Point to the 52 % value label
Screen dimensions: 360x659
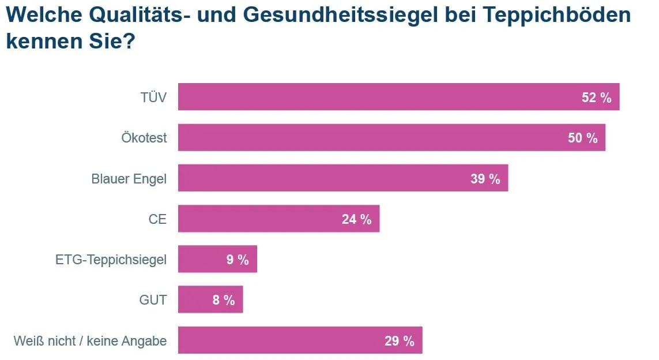[596, 97]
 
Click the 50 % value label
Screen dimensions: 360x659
[582, 138]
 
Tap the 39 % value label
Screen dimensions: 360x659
[485, 179]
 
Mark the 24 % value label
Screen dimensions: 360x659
[356, 219]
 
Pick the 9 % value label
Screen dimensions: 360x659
[237, 260]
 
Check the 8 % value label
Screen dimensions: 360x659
[223, 301]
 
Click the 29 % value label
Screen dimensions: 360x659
[400, 341]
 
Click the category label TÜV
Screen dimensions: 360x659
[153, 97]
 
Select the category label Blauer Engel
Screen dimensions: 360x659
[129, 179]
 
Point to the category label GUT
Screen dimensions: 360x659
[153, 301]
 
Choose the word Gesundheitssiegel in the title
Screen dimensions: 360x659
[332, 15]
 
